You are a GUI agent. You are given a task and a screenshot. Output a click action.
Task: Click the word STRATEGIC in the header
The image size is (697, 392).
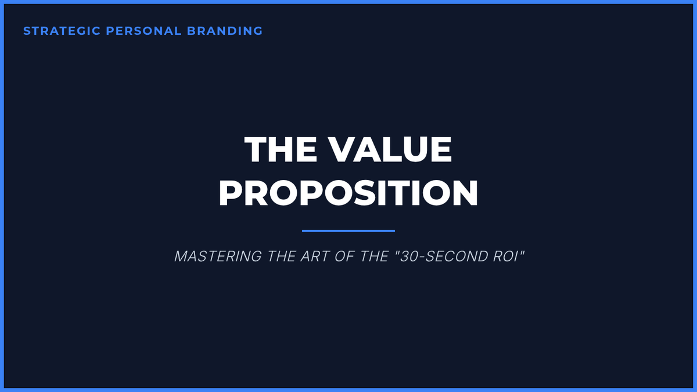tap(62, 31)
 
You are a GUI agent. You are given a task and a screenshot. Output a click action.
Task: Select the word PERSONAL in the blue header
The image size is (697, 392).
tap(143, 31)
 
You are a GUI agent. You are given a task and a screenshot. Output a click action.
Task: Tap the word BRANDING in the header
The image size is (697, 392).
tap(225, 31)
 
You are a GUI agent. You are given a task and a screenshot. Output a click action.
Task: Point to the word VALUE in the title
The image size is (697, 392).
tap(390, 149)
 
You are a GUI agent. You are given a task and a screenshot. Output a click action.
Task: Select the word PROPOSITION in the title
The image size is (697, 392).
tap(348, 193)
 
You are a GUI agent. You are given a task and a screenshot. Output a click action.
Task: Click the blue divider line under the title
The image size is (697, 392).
tap(348, 231)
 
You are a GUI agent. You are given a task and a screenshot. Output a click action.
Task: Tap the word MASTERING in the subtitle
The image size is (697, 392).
tap(218, 256)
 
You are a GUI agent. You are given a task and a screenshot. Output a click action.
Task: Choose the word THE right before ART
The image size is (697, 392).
tap(281, 256)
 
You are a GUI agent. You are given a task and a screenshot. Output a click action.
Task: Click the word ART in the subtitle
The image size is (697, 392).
tap(315, 256)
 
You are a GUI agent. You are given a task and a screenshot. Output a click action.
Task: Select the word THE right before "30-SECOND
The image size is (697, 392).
tap(374, 256)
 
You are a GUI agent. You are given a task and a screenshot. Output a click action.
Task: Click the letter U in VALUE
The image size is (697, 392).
tap(414, 150)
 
